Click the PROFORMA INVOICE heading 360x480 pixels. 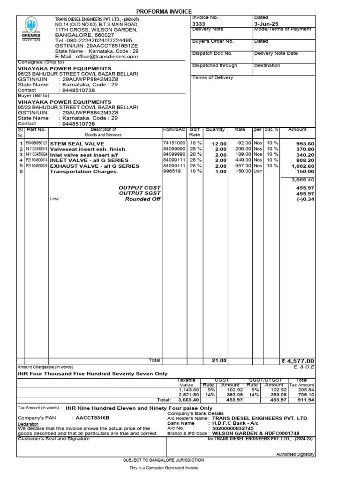pos(164,11)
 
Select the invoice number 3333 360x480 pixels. pos(199,23)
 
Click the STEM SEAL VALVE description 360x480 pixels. pos(77,144)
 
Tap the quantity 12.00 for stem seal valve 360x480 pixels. pos(219,144)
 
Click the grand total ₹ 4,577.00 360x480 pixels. pos(297,361)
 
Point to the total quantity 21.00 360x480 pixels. pos(219,360)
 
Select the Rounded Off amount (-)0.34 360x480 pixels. pos(305,199)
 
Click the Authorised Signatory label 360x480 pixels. pos(295,454)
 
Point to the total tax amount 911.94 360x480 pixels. pos(305,400)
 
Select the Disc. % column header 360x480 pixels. pos(271,130)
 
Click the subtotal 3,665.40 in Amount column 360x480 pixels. pos(302,180)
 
